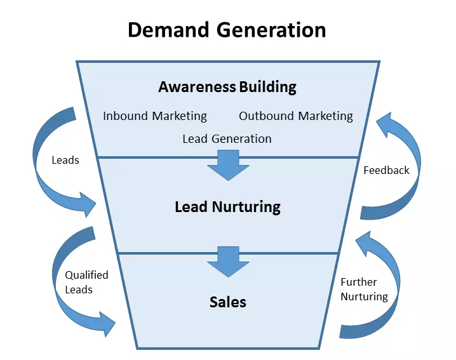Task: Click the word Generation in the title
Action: tap(274, 29)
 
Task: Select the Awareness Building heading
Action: tap(227, 86)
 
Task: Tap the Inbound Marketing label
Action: tap(155, 116)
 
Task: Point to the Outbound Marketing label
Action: tap(296, 116)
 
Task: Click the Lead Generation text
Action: tap(227, 138)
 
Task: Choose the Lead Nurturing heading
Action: tap(227, 206)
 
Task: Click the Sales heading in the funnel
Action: tap(227, 302)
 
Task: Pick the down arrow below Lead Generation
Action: tap(228, 165)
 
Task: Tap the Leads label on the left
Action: tap(65, 160)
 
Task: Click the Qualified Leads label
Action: tap(86, 282)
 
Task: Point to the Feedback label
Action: tap(386, 170)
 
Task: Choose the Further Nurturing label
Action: tap(364, 289)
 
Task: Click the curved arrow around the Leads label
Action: tap(48, 184)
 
